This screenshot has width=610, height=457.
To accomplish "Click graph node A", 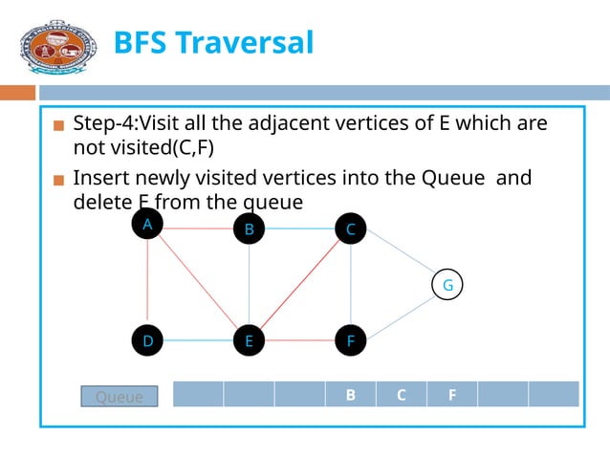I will (147, 224).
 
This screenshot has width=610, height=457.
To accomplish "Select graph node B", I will (249, 229).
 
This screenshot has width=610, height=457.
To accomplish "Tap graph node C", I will (351, 229).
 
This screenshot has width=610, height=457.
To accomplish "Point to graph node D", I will (147, 340).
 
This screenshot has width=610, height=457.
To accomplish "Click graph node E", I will (249, 340).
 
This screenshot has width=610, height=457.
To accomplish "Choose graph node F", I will (351, 340).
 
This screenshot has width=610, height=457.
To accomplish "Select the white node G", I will (447, 285).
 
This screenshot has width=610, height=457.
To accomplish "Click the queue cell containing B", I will (350, 394).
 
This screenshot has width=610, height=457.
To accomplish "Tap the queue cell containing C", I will (401, 394).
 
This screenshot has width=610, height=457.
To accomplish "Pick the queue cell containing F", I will (451, 394).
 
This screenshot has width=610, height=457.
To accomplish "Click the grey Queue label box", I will (119, 397).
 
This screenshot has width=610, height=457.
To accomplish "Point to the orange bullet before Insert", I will (59, 181).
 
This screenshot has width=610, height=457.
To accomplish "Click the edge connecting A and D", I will (147, 282).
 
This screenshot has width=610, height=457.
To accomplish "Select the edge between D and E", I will (198, 340).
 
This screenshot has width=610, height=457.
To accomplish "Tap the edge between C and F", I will (351, 285).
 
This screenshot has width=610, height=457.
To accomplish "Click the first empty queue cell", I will (198, 394).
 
